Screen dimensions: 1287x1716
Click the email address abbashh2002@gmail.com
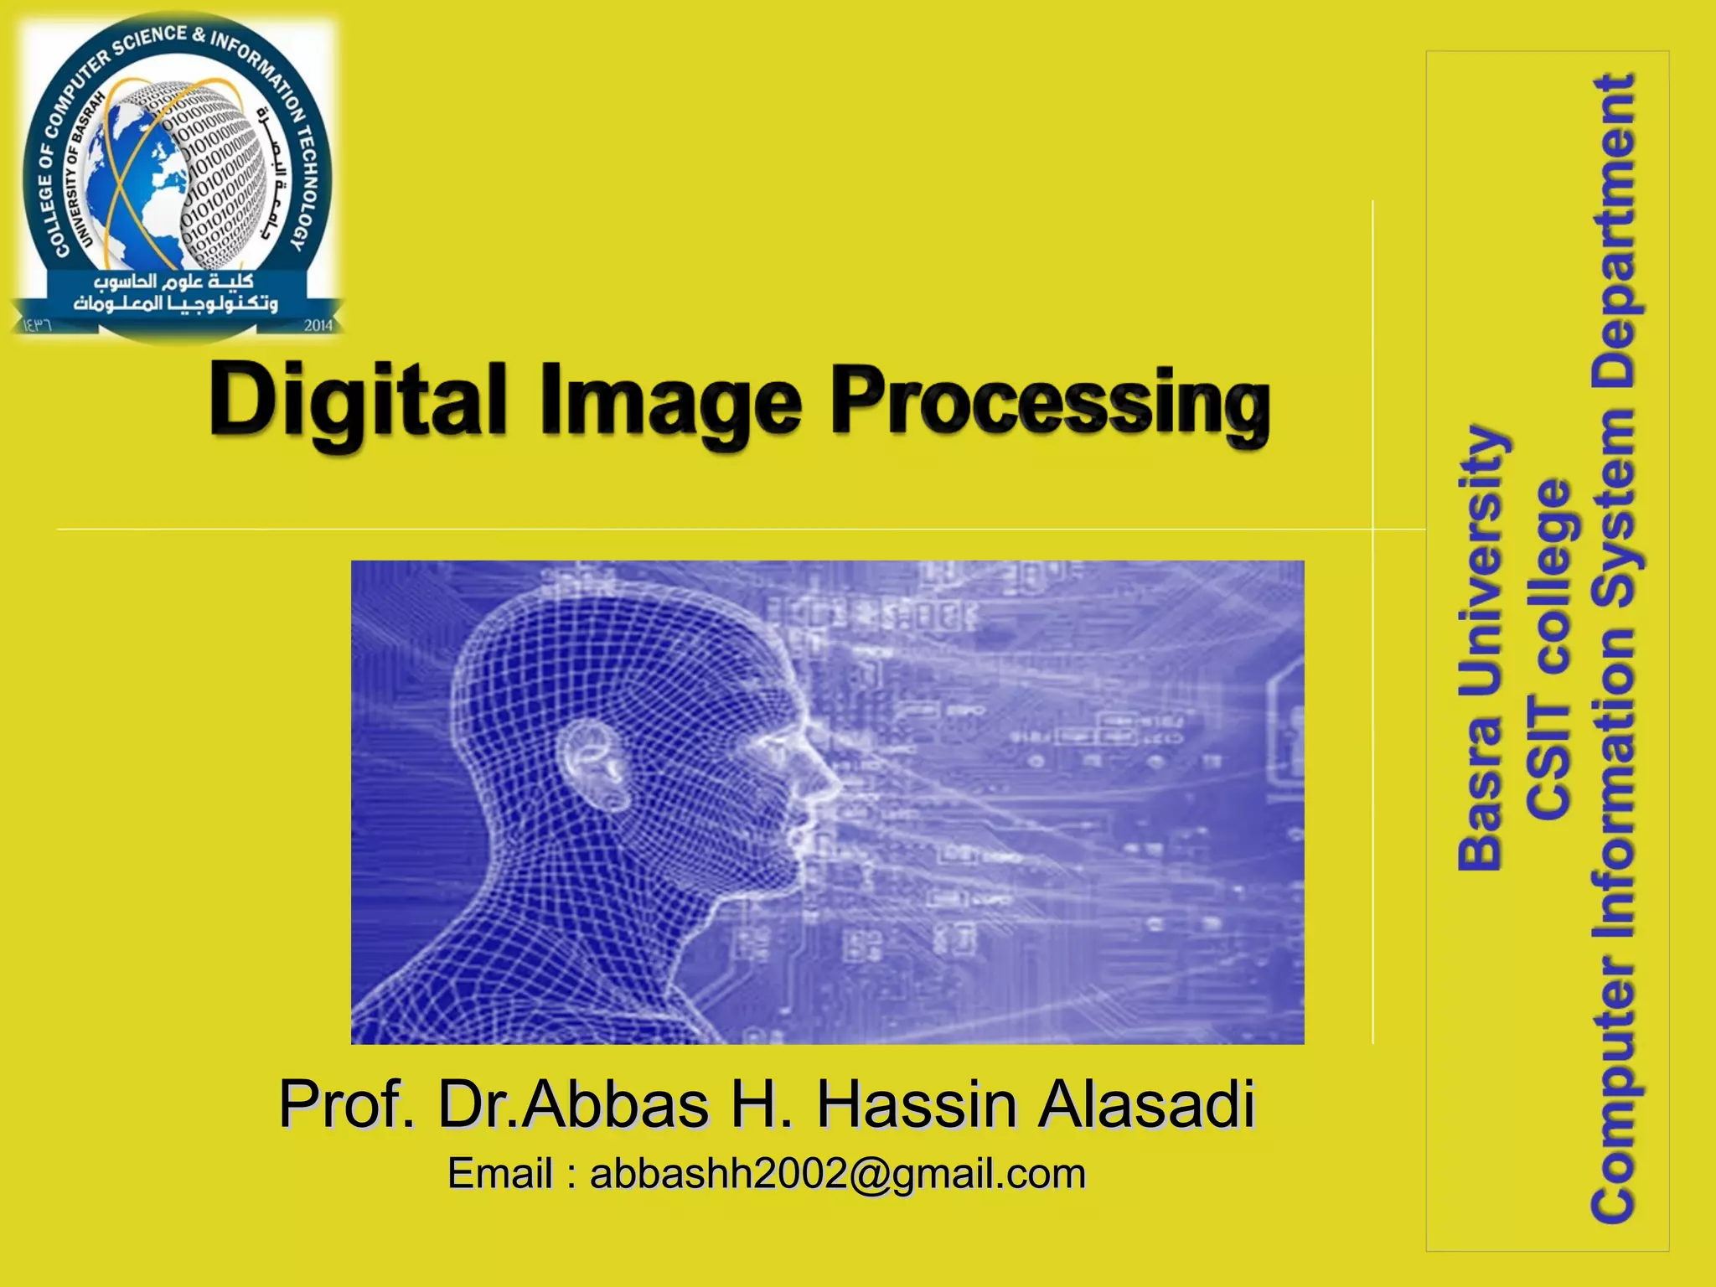838,1174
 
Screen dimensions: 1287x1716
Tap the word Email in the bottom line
500,1174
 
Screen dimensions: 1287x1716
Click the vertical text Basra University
1481,649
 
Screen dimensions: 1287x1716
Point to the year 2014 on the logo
318,325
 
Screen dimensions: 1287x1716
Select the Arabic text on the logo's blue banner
176,292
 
